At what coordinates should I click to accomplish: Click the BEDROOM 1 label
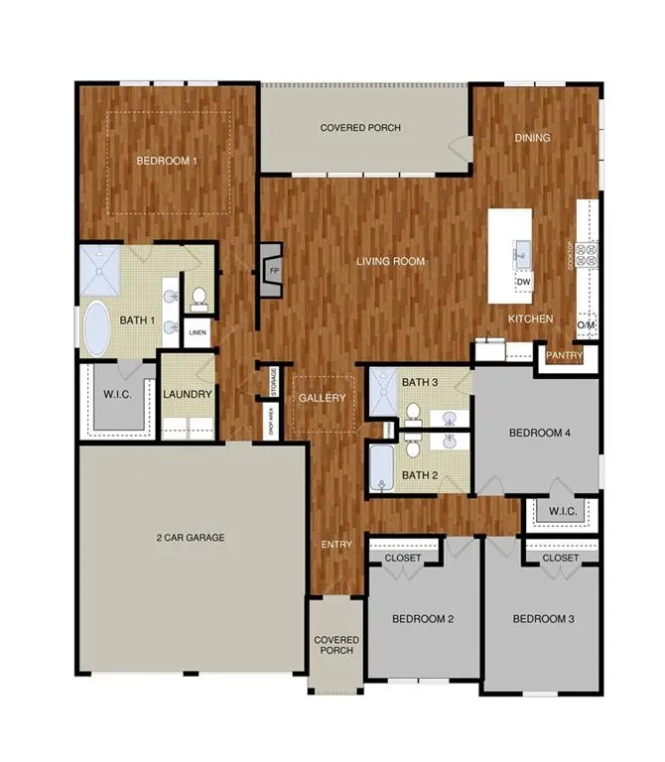(x=167, y=160)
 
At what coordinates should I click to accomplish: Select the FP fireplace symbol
(x=271, y=268)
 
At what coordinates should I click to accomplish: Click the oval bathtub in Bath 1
(x=97, y=327)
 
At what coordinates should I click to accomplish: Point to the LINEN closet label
(x=198, y=332)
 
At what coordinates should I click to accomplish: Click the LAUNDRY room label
(x=188, y=394)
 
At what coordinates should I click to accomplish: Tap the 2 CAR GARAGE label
(x=190, y=538)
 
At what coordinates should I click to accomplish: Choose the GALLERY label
(x=323, y=398)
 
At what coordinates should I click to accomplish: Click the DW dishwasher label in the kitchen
(x=523, y=283)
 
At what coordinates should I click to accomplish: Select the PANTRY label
(x=563, y=354)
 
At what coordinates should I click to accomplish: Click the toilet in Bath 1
(x=199, y=296)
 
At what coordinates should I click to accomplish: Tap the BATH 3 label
(x=420, y=382)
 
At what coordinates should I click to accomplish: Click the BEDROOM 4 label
(x=540, y=433)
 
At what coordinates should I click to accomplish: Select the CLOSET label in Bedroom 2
(x=402, y=559)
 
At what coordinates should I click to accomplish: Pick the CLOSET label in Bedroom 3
(x=561, y=559)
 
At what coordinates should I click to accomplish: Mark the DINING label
(x=532, y=138)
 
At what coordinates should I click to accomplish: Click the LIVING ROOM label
(x=391, y=262)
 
